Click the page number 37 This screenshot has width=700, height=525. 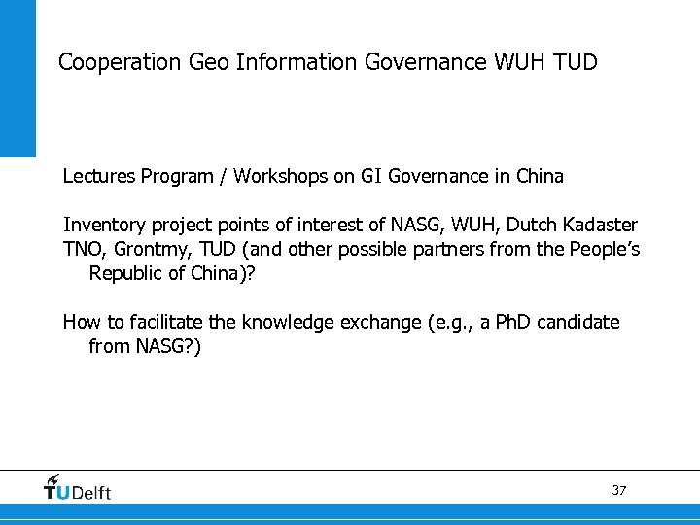click(x=619, y=490)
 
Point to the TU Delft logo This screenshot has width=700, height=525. click(x=78, y=488)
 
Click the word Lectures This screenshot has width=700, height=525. click(x=99, y=177)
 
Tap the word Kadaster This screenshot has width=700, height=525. click(x=600, y=226)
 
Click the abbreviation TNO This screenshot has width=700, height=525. click(x=82, y=249)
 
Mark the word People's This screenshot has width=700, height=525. click(x=604, y=249)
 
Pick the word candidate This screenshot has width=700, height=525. click(x=580, y=322)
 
